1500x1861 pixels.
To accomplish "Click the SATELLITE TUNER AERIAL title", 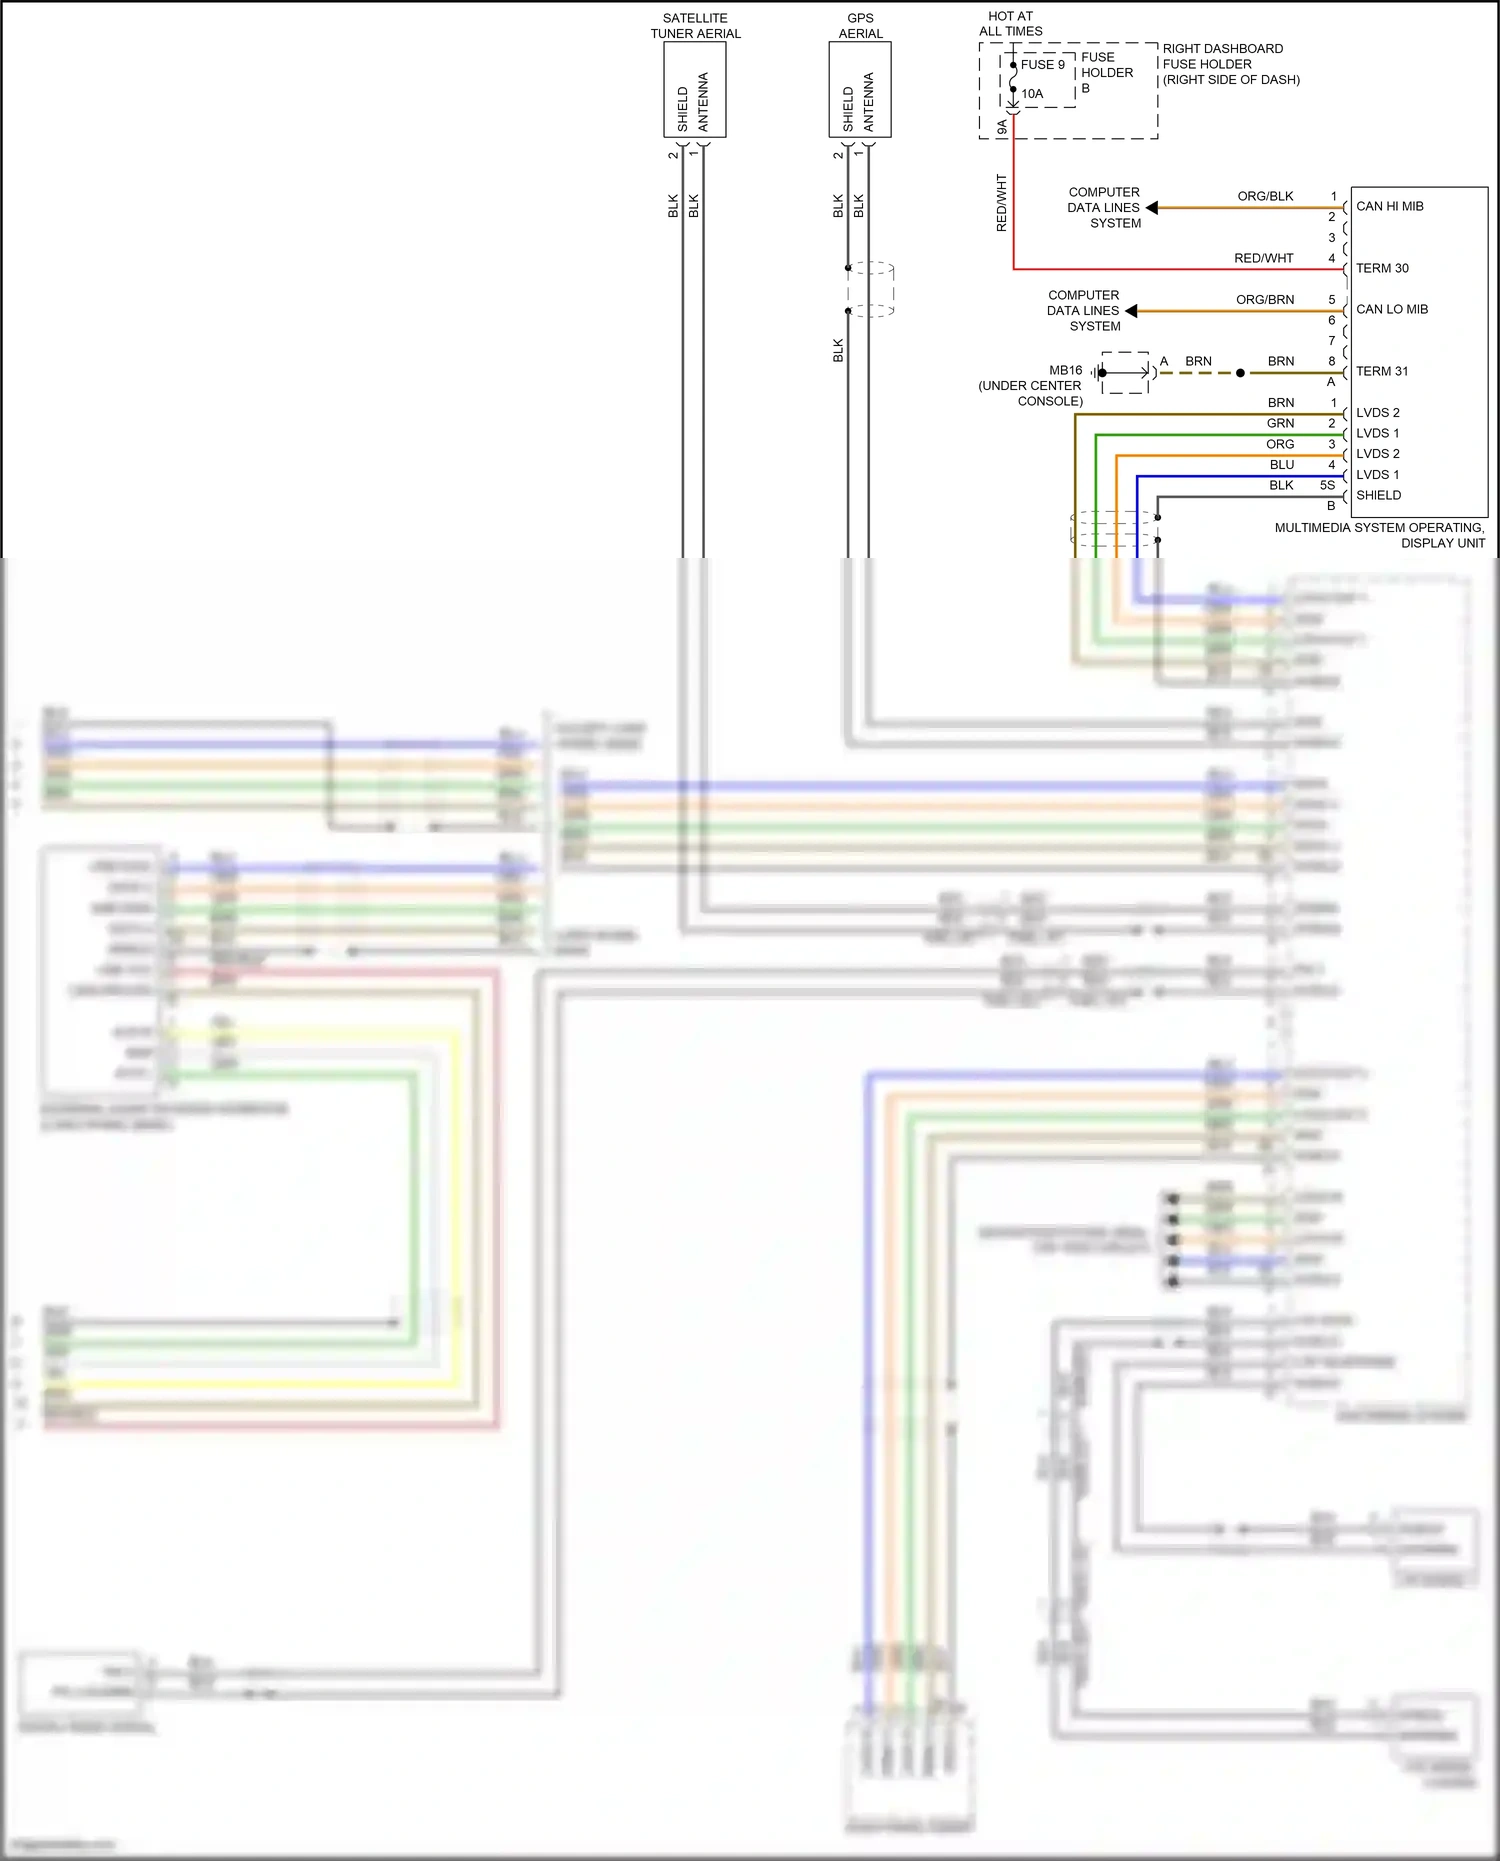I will click(695, 26).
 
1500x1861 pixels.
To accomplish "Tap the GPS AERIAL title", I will click(860, 26).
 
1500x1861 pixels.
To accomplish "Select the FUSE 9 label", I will click(1042, 64).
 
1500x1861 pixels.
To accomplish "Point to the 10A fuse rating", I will click(1031, 94).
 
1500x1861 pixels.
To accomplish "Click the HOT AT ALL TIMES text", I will click(1010, 23).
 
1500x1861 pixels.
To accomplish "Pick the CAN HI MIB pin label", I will click(1389, 206).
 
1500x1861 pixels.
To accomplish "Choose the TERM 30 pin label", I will click(1382, 268).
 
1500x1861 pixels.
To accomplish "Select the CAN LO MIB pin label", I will click(1391, 309).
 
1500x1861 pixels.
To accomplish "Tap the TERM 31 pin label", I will click(1382, 371).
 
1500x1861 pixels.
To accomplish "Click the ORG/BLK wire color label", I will click(1265, 196).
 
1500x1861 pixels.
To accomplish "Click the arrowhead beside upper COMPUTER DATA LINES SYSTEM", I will click(1152, 208).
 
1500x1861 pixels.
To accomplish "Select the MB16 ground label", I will click(1065, 370).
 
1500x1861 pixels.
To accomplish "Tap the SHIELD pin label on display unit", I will click(1378, 495).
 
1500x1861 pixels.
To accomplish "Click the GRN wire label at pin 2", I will click(1280, 423).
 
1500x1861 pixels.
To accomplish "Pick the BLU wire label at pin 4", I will click(1281, 465).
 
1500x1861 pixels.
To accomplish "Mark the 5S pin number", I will click(1327, 485).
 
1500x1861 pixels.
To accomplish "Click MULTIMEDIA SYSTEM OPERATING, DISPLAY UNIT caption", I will click(1379, 535).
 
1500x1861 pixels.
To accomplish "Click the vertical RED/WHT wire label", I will click(1001, 203).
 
